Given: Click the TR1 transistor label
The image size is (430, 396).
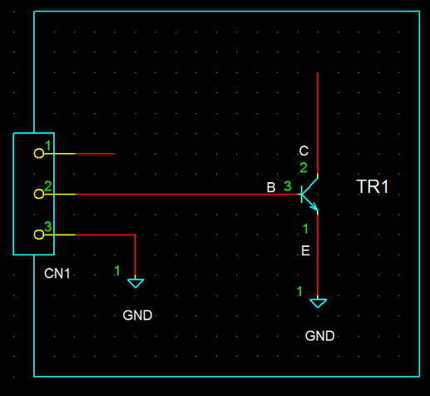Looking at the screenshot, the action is (x=373, y=186).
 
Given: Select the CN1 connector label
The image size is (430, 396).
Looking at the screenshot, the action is (x=57, y=274).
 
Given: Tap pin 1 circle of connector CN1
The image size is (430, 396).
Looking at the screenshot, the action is (x=39, y=153).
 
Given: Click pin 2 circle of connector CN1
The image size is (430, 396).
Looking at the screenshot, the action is (x=39, y=194).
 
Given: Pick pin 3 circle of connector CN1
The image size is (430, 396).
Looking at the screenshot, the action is (x=39, y=235).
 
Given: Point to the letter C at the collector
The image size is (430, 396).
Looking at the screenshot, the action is (x=304, y=151).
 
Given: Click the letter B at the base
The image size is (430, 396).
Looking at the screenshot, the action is (x=271, y=188).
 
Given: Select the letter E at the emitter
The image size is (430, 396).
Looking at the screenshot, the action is (x=305, y=250).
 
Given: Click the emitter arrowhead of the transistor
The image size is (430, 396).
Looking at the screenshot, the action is (x=314, y=206).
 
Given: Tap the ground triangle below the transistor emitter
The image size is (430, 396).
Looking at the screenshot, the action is (x=318, y=303).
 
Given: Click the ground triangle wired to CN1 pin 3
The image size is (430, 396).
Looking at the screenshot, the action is (x=136, y=283).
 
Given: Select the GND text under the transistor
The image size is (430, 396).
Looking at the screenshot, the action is (x=319, y=336).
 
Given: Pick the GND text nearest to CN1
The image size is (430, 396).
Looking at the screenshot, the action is (x=137, y=315).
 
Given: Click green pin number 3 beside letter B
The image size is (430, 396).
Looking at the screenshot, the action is (x=288, y=186).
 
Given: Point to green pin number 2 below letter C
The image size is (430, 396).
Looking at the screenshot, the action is (x=304, y=168).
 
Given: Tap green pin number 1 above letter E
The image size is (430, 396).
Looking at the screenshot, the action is (x=305, y=229).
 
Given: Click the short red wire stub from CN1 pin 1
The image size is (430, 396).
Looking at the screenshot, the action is (x=96, y=153).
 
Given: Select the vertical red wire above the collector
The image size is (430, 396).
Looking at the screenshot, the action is (x=318, y=123).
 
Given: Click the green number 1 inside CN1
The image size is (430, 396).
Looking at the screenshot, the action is (x=48, y=146).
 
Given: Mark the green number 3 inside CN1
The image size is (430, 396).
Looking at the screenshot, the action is (x=48, y=226).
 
